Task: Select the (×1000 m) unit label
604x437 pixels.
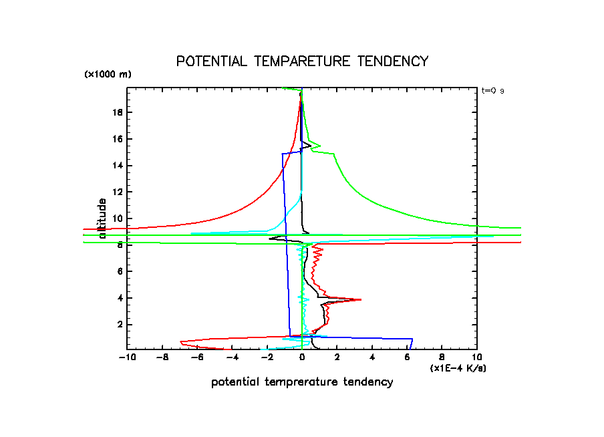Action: pyautogui.click(x=108, y=74)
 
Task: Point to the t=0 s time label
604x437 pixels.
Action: pyautogui.click(x=492, y=90)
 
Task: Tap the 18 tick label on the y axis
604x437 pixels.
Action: pyautogui.click(x=118, y=112)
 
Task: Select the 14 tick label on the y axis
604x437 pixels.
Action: pyautogui.click(x=118, y=166)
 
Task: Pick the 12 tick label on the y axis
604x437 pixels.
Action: pyautogui.click(x=118, y=192)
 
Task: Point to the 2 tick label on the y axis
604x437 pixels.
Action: pyautogui.click(x=121, y=324)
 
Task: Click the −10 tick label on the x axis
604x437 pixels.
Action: pyautogui.click(x=126, y=358)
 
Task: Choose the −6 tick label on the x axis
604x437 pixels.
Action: pyautogui.click(x=196, y=358)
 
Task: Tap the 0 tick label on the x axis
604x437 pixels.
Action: pyautogui.click(x=302, y=358)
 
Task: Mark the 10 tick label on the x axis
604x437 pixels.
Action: pyautogui.click(x=476, y=358)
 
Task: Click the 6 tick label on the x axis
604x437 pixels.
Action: pyautogui.click(x=407, y=358)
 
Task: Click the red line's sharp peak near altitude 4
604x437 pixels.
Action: pyautogui.click(x=361, y=299)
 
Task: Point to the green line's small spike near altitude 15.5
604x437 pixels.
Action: pyautogui.click(x=320, y=146)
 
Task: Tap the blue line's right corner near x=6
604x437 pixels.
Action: pyautogui.click(x=412, y=339)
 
